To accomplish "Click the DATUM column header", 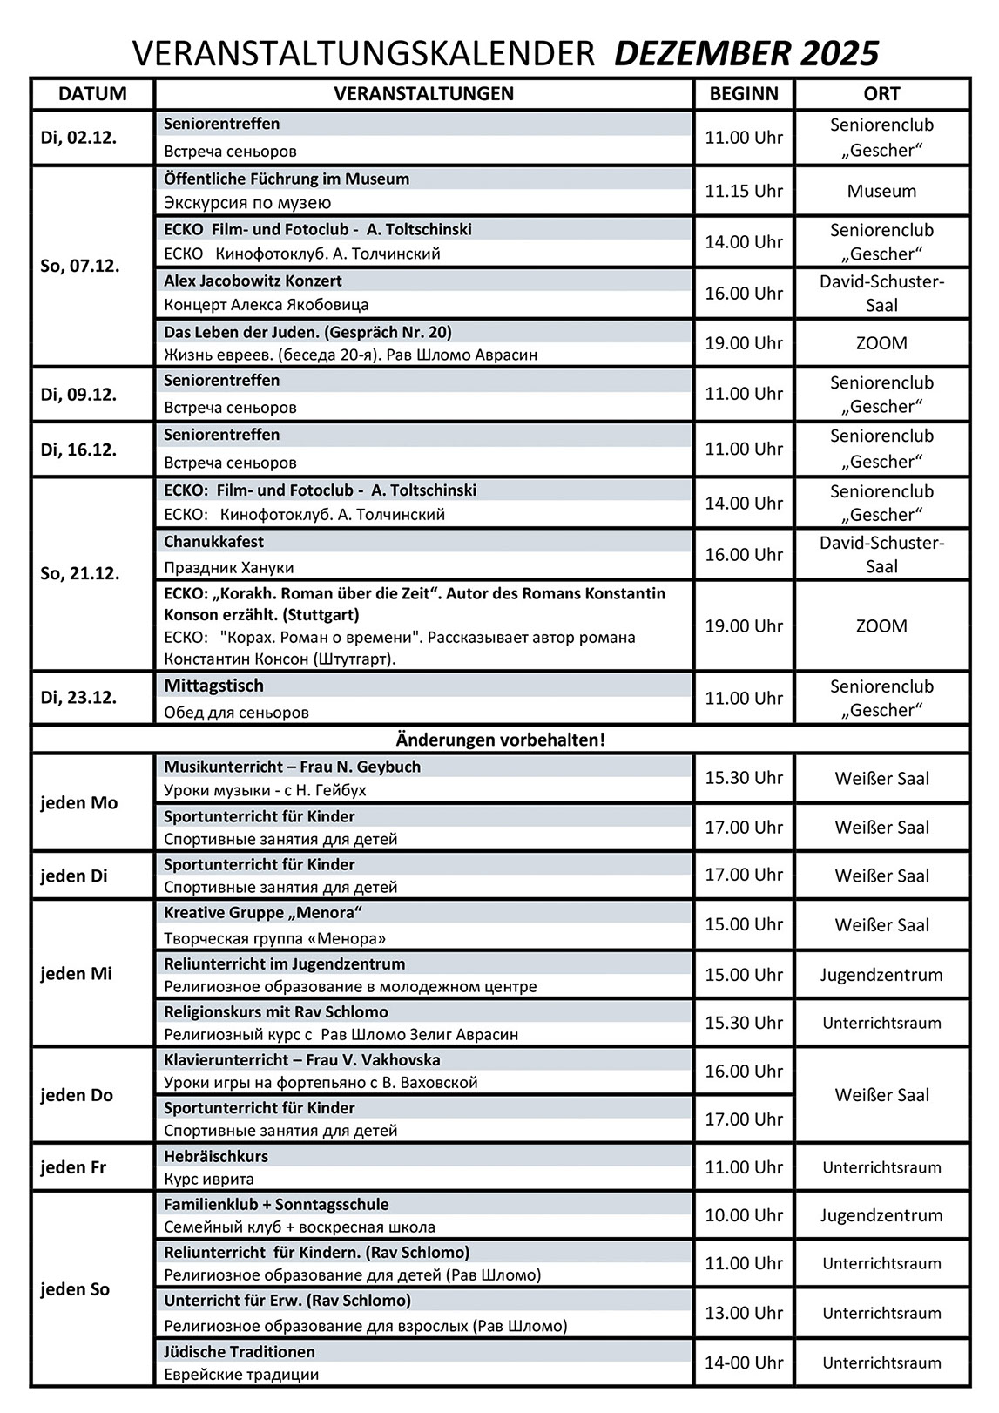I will click(x=92, y=94).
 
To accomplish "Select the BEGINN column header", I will click(x=744, y=94).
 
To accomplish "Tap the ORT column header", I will click(x=881, y=94).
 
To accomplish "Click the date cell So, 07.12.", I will click(x=80, y=266).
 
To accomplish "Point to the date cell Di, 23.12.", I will click(x=78, y=698).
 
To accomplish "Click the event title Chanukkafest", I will click(x=213, y=542).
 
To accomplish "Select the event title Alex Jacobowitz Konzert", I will click(x=253, y=281).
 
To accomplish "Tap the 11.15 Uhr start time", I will click(x=744, y=191).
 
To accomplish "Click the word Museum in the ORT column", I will click(x=881, y=191).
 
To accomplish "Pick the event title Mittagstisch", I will click(x=213, y=686).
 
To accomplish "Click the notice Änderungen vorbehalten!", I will click(x=500, y=740).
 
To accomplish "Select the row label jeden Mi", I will click(x=77, y=974).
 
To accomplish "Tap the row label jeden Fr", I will click(x=73, y=1167).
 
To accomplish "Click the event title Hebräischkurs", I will click(x=216, y=1156).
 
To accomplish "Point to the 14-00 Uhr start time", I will click(x=744, y=1362).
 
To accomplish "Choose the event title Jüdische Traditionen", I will click(x=240, y=1351).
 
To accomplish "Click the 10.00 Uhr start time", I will click(x=744, y=1215).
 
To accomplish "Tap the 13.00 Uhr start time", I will click(x=744, y=1313).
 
